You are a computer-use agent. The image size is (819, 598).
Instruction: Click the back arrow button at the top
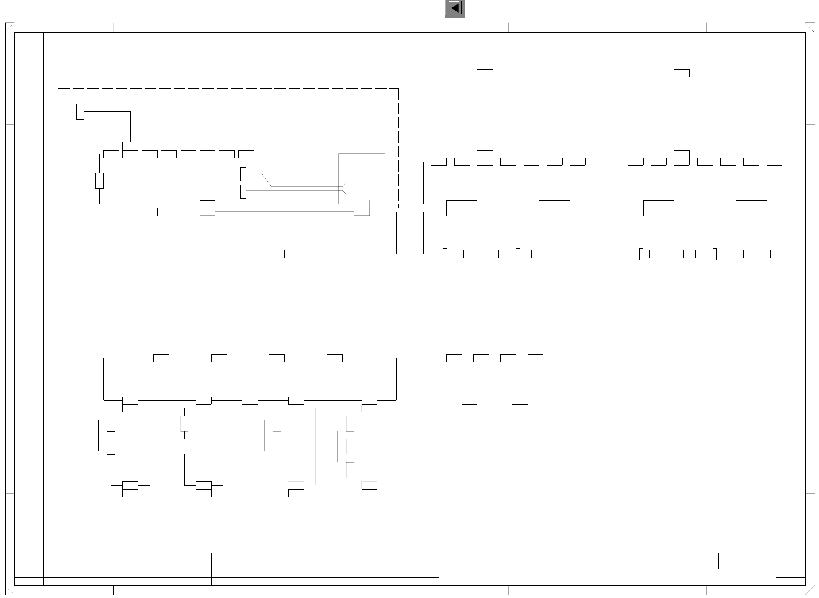click(x=455, y=8)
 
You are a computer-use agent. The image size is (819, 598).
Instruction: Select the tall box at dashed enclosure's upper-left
click(x=80, y=112)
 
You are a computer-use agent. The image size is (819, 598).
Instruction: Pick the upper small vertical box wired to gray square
click(x=243, y=174)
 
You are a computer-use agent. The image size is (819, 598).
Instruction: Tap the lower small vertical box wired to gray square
click(x=243, y=191)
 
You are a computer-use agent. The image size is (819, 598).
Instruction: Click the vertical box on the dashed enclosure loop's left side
click(x=99, y=181)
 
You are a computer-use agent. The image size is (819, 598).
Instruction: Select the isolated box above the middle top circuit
click(x=485, y=73)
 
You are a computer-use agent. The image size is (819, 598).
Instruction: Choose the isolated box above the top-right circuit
click(x=682, y=73)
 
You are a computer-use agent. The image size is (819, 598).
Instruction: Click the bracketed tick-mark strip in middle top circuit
click(x=481, y=254)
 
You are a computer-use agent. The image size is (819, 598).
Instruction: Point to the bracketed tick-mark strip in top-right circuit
click(x=678, y=254)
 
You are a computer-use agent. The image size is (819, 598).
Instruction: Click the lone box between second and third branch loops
click(x=250, y=400)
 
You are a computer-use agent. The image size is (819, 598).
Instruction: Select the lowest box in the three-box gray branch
click(x=350, y=470)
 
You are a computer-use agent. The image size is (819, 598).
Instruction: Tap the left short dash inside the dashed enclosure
click(x=149, y=121)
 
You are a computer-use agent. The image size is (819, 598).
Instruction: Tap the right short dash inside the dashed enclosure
click(x=169, y=121)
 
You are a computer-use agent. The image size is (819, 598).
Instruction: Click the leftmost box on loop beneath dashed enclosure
click(x=165, y=212)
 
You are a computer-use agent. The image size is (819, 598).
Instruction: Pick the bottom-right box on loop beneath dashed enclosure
click(x=292, y=254)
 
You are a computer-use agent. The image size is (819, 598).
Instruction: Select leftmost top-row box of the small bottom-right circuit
click(x=454, y=358)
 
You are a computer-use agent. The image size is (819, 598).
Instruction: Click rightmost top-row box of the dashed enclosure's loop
click(x=246, y=154)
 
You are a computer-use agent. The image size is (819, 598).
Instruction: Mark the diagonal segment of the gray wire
click(x=266, y=180)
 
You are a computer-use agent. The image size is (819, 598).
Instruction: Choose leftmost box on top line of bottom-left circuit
click(x=161, y=358)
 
